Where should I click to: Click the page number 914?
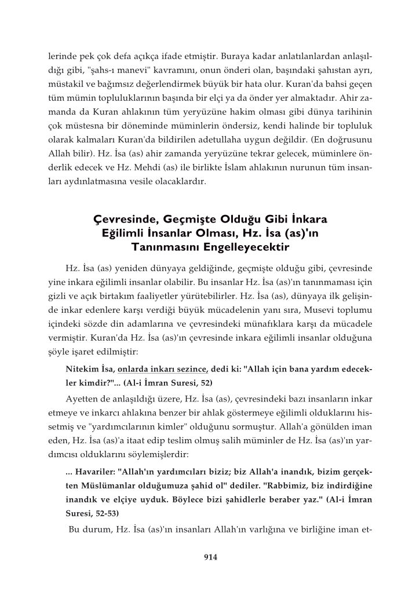[209, 557]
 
